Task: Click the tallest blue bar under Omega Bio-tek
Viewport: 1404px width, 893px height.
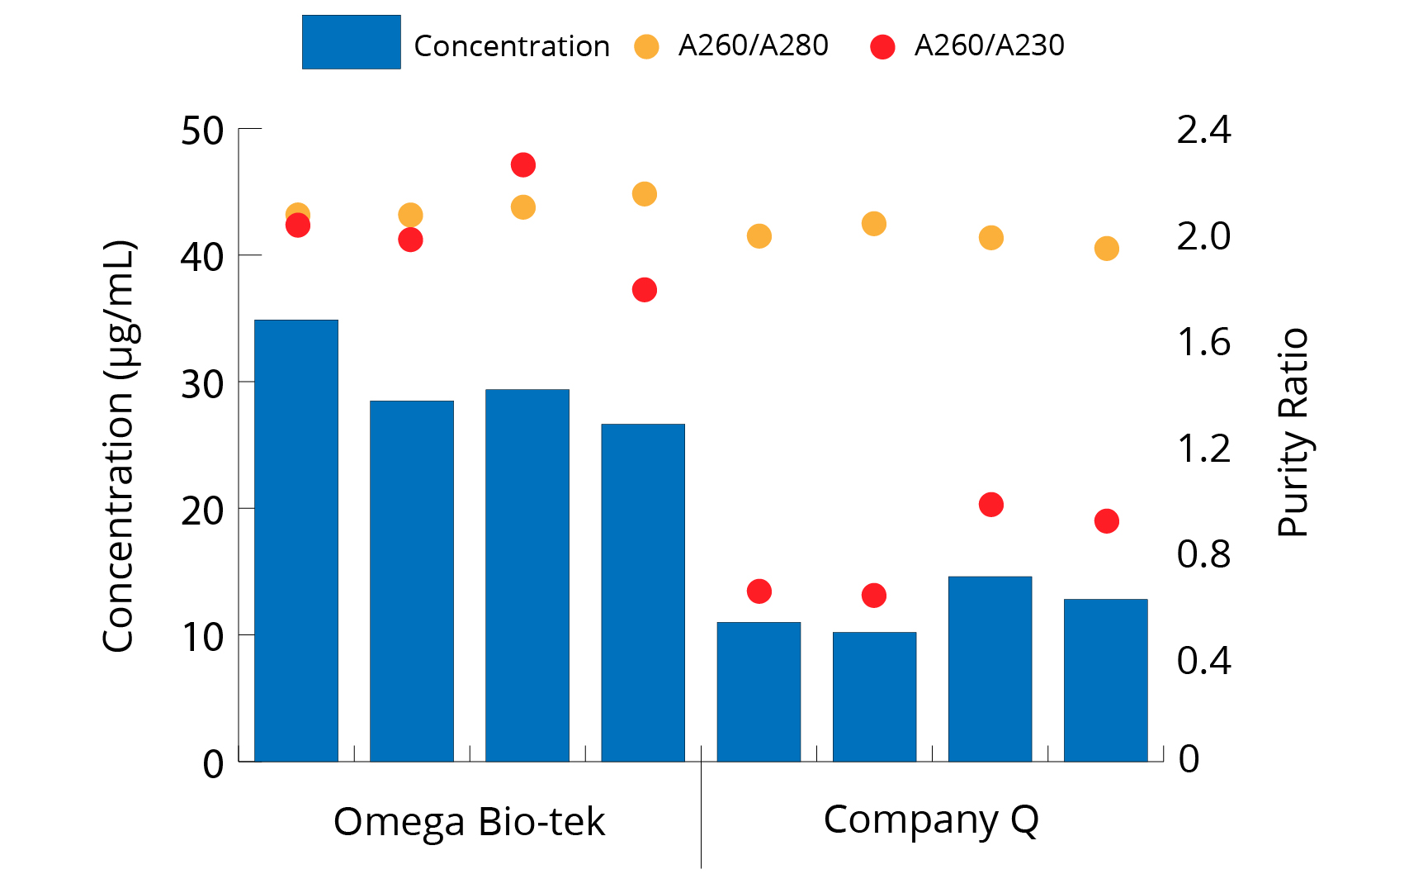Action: coord(296,540)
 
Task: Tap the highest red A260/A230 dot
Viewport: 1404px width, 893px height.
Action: coord(523,165)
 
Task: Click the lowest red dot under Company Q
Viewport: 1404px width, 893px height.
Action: coord(874,596)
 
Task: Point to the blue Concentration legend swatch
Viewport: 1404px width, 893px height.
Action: coord(351,42)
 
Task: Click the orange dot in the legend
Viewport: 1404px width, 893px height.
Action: coord(646,46)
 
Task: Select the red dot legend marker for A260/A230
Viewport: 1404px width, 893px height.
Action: coord(882,46)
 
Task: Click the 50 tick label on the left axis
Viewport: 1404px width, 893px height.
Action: coord(202,131)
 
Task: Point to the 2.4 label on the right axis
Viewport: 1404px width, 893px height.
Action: coord(1203,131)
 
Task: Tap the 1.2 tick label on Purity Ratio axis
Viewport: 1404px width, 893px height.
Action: coord(1203,449)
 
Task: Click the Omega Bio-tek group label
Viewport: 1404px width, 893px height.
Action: coord(469,822)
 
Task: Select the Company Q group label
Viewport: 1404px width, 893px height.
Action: coord(931,819)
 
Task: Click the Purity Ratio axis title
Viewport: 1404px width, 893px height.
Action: coord(1293,433)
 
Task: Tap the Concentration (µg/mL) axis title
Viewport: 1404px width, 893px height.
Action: coord(119,446)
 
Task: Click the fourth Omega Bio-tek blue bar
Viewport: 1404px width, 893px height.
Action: coord(643,592)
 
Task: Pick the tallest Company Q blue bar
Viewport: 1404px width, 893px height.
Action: coord(990,668)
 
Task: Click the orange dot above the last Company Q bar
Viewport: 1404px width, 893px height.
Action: coord(1107,249)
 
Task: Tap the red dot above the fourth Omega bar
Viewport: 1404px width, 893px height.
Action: coord(645,290)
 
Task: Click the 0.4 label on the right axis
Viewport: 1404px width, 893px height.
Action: coord(1203,661)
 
